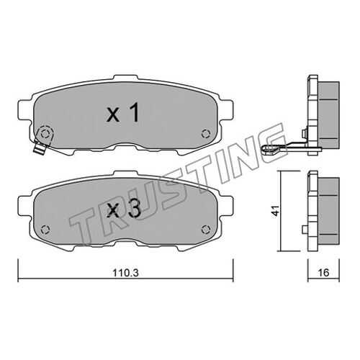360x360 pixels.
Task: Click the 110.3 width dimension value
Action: [126, 273]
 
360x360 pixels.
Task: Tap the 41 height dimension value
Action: [276, 210]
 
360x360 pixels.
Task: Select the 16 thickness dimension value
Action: [323, 273]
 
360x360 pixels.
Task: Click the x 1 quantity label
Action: [122, 112]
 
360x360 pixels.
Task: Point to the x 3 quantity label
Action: [124, 209]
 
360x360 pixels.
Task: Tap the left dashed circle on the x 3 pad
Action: [45, 230]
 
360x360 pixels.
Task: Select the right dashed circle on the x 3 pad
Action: [206, 230]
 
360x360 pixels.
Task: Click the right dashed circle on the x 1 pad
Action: [206, 134]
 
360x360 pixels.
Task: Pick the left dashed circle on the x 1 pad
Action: [45, 134]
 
